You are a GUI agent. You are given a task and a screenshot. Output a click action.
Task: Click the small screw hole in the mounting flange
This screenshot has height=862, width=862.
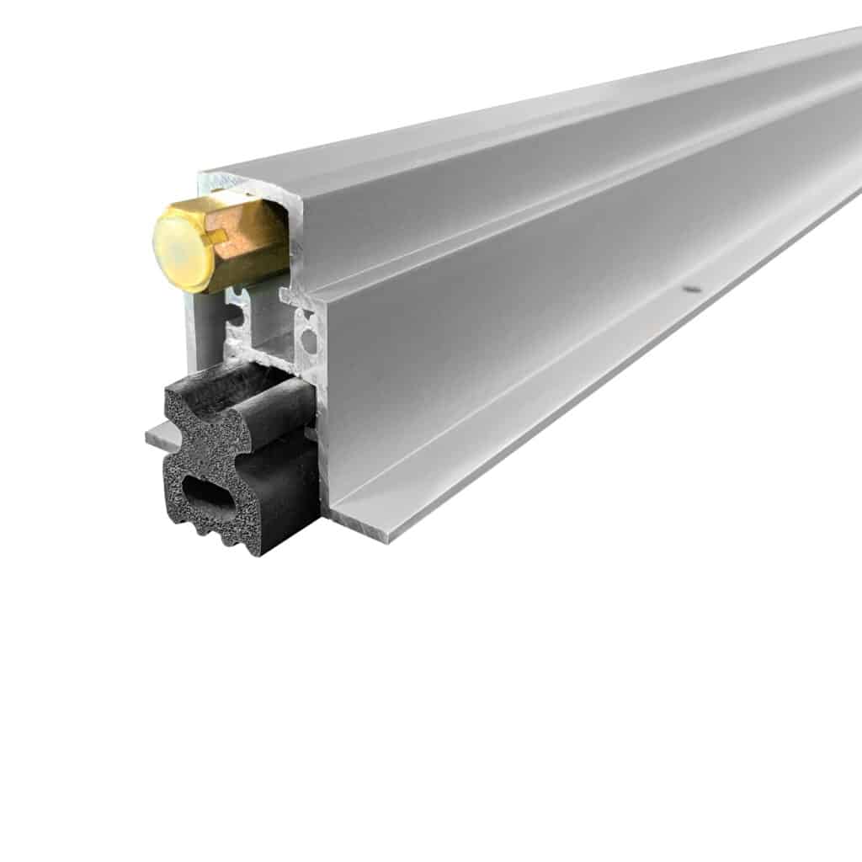tap(691, 289)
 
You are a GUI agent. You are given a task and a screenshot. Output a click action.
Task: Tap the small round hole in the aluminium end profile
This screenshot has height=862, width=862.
tap(308, 339)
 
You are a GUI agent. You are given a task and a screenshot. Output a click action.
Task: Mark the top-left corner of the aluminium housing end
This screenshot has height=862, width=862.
tap(202, 176)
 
